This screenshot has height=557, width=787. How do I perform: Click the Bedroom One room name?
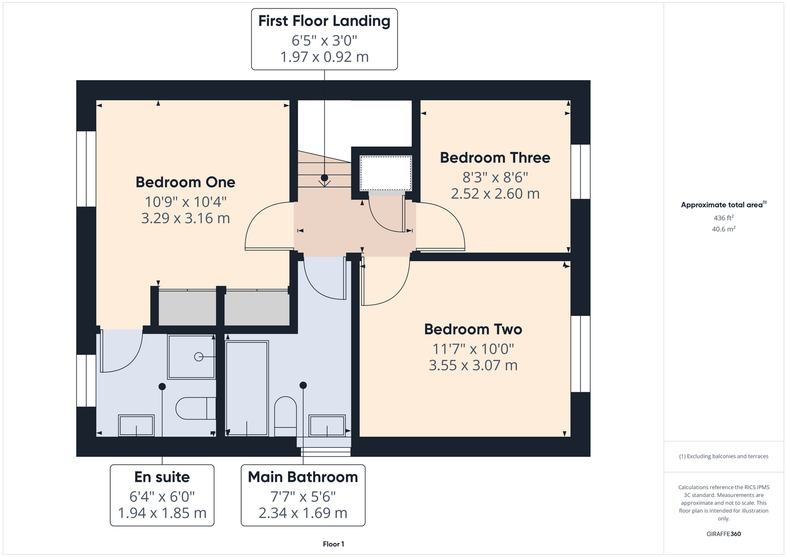(x=185, y=182)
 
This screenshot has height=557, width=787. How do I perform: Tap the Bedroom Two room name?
(x=473, y=329)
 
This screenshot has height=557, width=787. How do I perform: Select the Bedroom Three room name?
(x=495, y=158)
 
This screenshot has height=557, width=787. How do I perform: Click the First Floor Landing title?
(x=324, y=21)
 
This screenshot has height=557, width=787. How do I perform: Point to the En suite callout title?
(x=162, y=477)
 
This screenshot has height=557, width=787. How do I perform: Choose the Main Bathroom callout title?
(x=303, y=477)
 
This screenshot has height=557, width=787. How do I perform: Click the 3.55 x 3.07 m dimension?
(x=473, y=365)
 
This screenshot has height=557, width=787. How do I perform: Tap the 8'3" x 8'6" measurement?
(x=495, y=178)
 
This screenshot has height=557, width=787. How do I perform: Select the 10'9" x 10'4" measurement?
(x=185, y=202)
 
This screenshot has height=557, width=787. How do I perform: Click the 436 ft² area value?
(x=724, y=218)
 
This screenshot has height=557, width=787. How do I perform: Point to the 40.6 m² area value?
(x=724, y=229)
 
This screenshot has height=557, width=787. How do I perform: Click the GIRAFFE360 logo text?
(x=724, y=534)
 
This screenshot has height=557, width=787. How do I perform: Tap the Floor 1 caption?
(x=334, y=544)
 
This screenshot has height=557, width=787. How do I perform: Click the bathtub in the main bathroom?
(x=247, y=388)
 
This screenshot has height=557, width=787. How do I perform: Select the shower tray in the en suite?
(x=192, y=357)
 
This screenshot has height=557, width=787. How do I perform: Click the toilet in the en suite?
(x=195, y=408)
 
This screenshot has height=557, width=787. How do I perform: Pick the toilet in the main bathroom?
(x=285, y=417)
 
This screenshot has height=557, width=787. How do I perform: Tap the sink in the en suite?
(x=136, y=426)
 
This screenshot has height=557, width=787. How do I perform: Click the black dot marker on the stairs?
(x=324, y=178)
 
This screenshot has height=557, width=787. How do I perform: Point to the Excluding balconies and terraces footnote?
(x=724, y=456)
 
